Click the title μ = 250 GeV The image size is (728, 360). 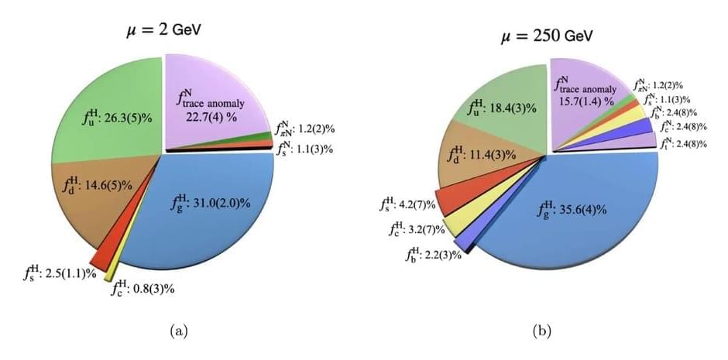coord(541,36)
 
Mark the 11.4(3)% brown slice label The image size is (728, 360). coord(482,154)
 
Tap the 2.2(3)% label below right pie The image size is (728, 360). coord(431,254)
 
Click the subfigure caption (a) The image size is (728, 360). coord(178,332)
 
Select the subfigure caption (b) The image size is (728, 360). coord(541,332)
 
